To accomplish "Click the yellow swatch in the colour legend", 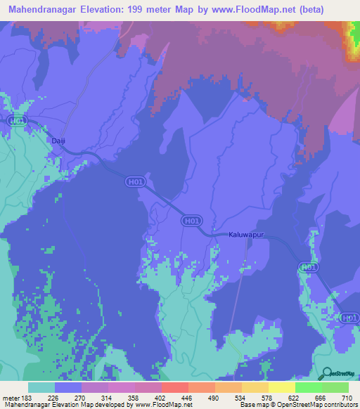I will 281,387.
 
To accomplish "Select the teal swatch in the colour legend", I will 41,387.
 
